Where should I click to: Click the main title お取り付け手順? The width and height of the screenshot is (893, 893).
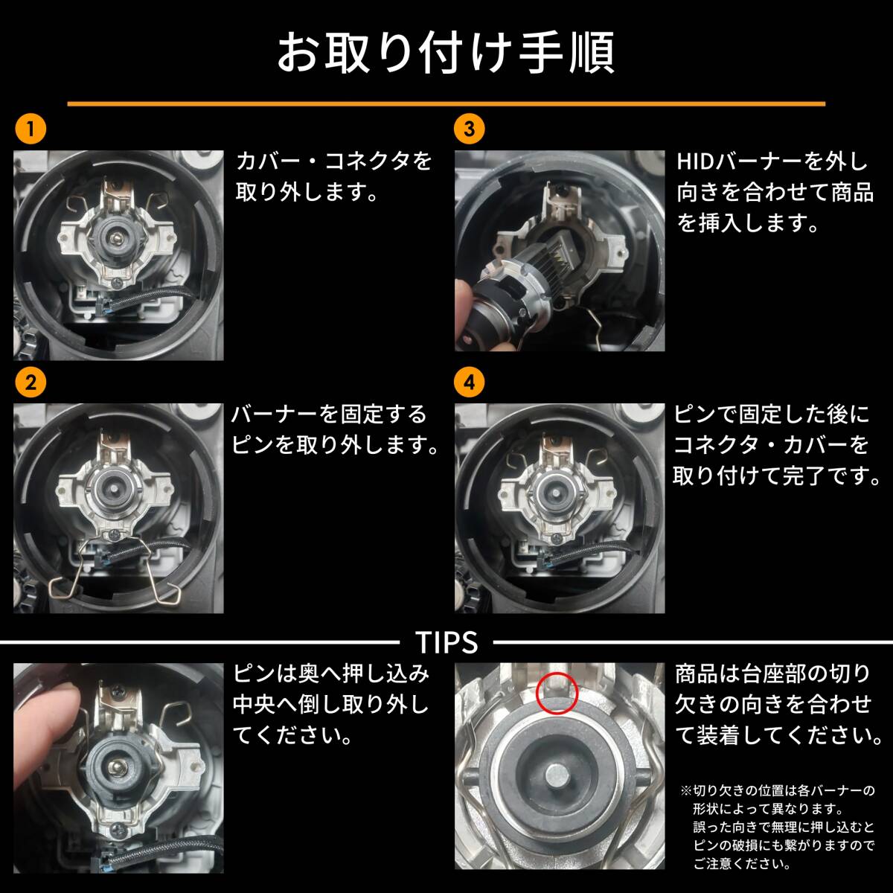tap(446, 53)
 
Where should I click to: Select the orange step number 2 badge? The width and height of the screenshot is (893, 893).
tap(31, 383)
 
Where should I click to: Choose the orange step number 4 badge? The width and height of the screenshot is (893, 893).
tap(469, 383)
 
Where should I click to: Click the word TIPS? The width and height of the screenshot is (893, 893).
tap(446, 641)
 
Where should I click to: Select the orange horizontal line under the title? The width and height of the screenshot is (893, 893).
tap(446, 103)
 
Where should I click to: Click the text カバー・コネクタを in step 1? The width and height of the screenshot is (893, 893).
tap(333, 161)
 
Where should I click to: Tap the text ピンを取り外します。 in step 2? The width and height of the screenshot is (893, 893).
tap(333, 445)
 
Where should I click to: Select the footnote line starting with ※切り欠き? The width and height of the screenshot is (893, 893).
tap(778, 790)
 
